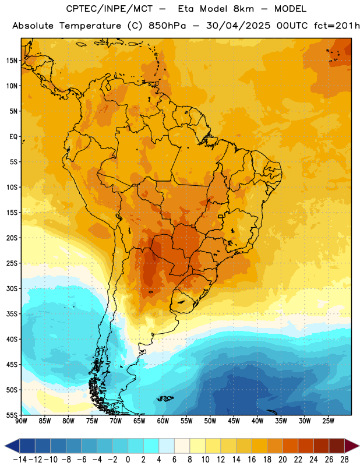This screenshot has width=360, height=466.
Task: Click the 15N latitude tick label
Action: tap(12, 61)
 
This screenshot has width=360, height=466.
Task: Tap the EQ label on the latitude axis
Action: tap(13, 137)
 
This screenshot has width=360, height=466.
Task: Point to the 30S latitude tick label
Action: tap(12, 288)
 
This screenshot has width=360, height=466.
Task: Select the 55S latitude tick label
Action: tap(12, 415)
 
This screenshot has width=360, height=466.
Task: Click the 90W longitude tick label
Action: tap(21, 421)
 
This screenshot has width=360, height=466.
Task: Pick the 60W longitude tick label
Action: tap(163, 421)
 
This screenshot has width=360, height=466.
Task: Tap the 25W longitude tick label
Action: tap(328, 421)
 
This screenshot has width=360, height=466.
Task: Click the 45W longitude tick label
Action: tap(234, 421)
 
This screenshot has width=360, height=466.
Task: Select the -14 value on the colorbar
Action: tap(20, 460)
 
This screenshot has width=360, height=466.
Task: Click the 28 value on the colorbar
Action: tap(344, 460)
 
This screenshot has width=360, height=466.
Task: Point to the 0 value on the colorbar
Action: tap(128, 460)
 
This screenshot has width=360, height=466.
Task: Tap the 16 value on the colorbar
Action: tap(252, 460)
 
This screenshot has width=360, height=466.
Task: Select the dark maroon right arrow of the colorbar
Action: tap(352, 446)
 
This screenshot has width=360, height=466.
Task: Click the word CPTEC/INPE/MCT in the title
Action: tap(109, 9)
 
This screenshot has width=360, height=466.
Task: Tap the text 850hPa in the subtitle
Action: tap(167, 26)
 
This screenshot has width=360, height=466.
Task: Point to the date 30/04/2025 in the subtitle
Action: tap(238, 26)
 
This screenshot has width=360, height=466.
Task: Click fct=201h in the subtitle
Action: tap(337, 26)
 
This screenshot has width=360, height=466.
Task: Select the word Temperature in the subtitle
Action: tap(90, 26)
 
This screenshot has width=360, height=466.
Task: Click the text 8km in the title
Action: tap(243, 9)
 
